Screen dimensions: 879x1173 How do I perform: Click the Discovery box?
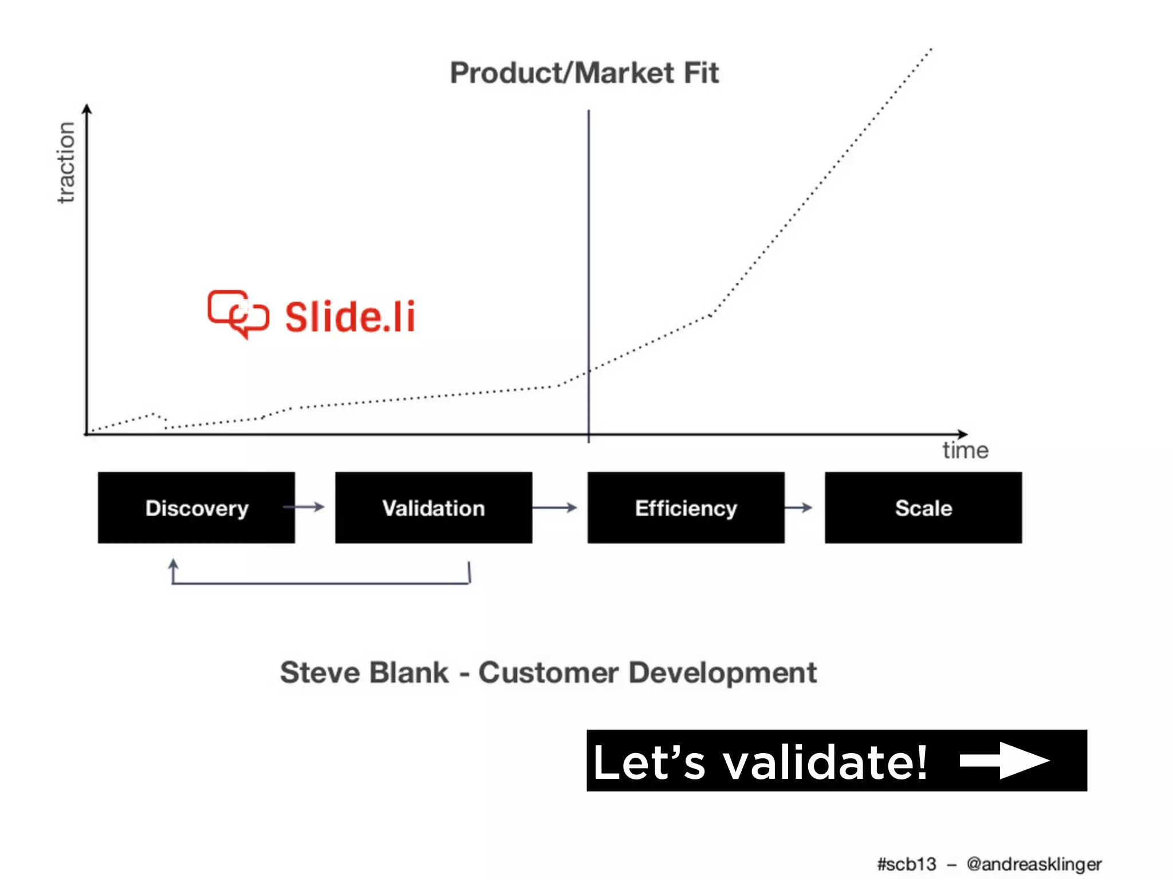click(x=196, y=508)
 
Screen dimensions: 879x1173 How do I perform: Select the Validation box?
click(x=434, y=508)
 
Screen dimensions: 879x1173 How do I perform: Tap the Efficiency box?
click(x=686, y=508)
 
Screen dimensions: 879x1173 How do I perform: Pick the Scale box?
click(x=923, y=508)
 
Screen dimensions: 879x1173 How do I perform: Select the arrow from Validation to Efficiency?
click(x=554, y=507)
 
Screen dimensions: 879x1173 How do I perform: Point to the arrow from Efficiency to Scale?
click(x=798, y=507)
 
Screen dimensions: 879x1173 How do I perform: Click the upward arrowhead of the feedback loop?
click(x=173, y=565)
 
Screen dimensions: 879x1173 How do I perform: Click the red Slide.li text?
click(x=350, y=317)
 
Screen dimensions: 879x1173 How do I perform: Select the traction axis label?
click(x=66, y=163)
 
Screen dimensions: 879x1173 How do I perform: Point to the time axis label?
click(x=965, y=450)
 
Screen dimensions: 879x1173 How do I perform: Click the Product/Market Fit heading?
click(x=584, y=73)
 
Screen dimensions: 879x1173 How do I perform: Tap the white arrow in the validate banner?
click(x=1005, y=761)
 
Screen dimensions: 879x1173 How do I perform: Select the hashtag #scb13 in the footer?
click(x=906, y=864)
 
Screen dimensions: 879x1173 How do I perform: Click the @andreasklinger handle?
click(x=1034, y=864)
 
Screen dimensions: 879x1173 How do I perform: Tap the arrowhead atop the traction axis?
click(x=87, y=109)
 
